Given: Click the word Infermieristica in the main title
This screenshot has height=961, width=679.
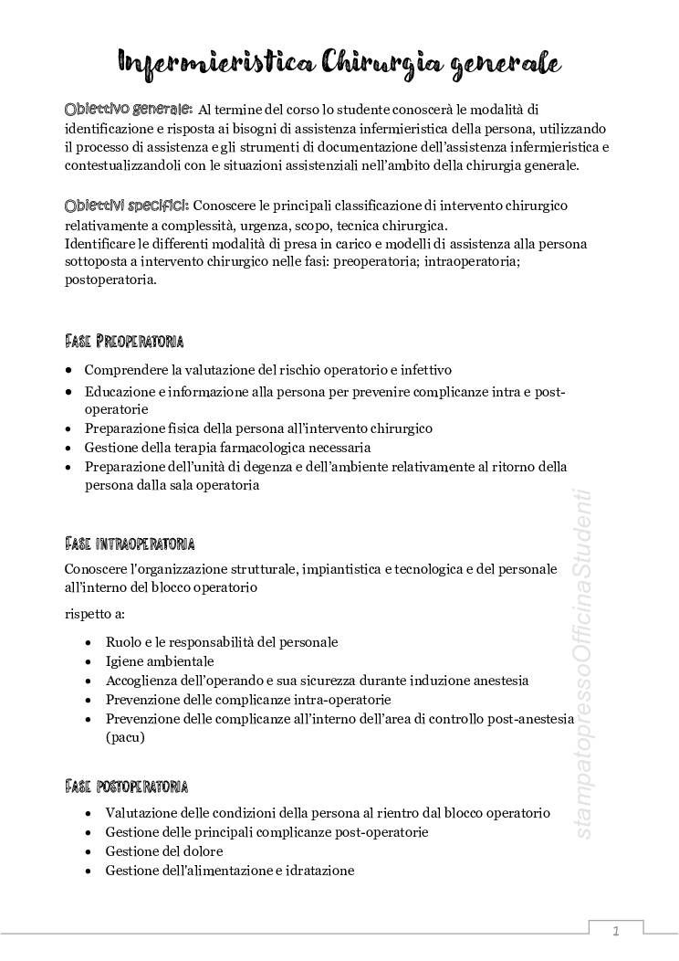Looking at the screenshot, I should click(215, 62).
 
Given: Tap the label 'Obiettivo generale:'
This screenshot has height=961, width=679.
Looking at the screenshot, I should click(128, 109).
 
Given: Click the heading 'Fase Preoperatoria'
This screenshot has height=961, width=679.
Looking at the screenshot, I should click(124, 342).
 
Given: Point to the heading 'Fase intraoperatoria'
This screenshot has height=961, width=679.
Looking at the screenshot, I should click(130, 544).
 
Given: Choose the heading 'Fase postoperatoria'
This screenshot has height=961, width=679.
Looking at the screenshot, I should click(127, 787).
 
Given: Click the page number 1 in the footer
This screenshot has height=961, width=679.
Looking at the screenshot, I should click(616, 932).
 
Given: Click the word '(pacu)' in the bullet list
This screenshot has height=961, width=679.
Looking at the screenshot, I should click(125, 737).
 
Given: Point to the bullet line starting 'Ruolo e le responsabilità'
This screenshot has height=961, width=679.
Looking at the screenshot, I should click(222, 642).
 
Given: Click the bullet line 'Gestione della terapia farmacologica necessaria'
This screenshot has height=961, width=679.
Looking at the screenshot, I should click(227, 448).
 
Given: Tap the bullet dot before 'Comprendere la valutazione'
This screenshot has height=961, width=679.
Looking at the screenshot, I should click(70, 371).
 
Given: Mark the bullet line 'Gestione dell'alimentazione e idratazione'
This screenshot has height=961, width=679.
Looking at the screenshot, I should click(229, 871).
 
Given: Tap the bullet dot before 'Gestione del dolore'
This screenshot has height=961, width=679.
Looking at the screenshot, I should click(87, 851).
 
